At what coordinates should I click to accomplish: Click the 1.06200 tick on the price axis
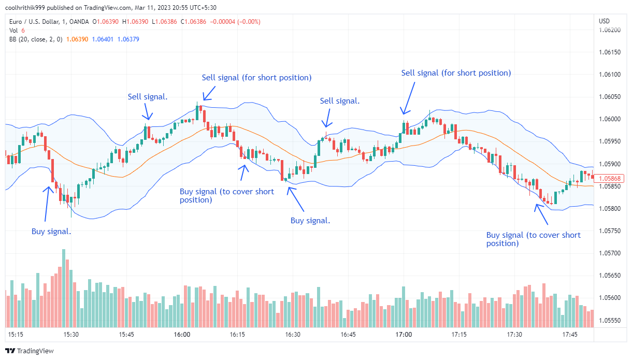610,30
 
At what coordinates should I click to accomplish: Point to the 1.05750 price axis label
610,231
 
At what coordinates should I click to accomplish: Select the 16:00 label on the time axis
182,335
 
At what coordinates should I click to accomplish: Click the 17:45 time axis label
570,335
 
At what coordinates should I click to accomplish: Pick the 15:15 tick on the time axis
16,335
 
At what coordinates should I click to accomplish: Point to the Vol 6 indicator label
17,31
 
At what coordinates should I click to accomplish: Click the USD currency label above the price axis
604,21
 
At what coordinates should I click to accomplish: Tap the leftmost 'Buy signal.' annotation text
51,232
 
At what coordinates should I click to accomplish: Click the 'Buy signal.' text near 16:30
310,221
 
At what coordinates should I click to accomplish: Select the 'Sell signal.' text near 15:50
148,96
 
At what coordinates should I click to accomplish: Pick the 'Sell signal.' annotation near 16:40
340,101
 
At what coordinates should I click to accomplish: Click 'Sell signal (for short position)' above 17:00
456,73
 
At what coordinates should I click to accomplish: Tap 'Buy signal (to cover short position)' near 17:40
533,239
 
